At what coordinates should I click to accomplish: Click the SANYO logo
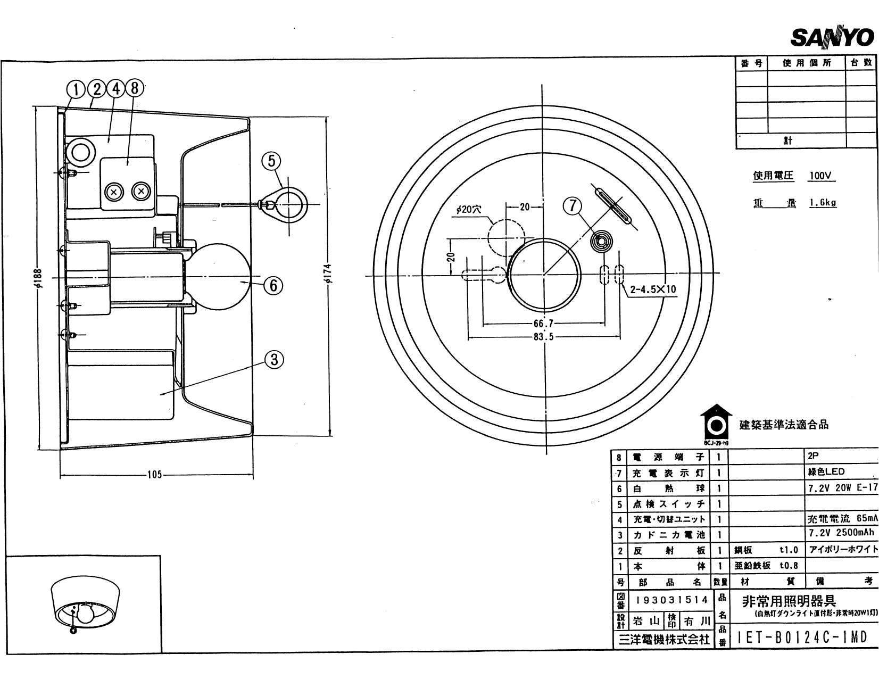click(x=833, y=38)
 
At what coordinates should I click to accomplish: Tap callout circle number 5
click(x=271, y=161)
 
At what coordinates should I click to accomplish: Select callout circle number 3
click(x=274, y=360)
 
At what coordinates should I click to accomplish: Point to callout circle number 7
click(x=573, y=205)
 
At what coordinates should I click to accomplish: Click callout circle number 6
click(x=273, y=286)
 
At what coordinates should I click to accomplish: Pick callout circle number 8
click(x=134, y=88)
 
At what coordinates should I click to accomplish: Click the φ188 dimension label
click(x=39, y=277)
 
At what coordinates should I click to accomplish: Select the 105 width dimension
click(x=154, y=475)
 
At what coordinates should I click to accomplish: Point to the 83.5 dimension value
click(x=543, y=337)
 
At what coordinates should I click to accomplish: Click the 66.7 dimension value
click(x=543, y=323)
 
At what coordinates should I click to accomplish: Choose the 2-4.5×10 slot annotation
click(x=653, y=290)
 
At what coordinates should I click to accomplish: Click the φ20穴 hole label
click(x=468, y=210)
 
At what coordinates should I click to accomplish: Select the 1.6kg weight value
click(x=823, y=203)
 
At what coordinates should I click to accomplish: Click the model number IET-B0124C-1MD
click(x=803, y=637)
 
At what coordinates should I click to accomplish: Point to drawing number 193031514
click(x=671, y=600)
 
